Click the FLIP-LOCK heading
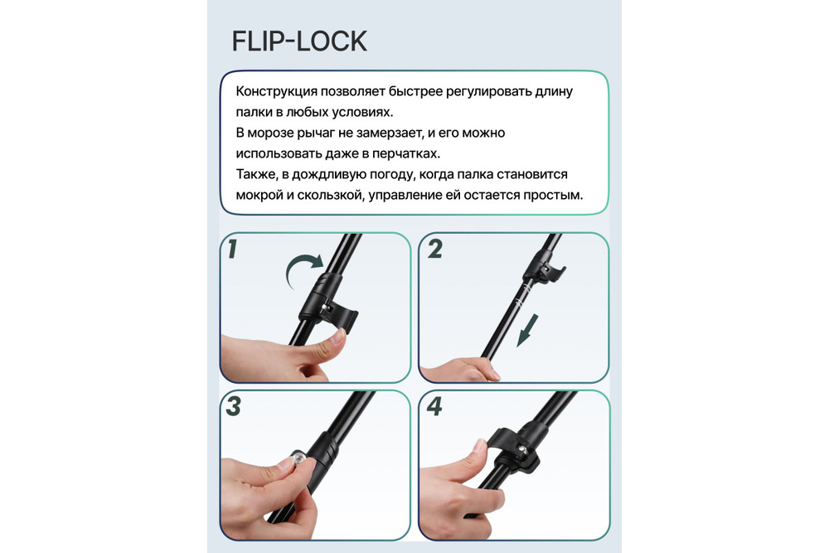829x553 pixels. point(299,41)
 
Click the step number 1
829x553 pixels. point(233,249)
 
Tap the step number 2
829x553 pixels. point(435,249)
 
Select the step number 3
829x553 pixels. point(233,406)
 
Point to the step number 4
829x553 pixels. point(434,406)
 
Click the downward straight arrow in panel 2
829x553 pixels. point(527,331)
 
